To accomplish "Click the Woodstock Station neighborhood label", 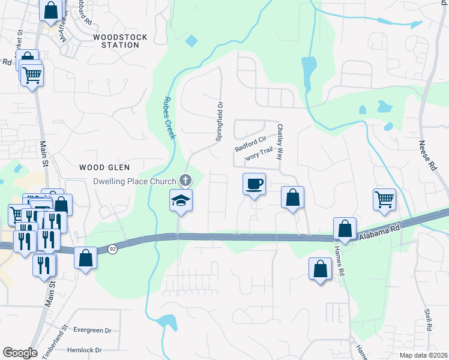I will [x=116, y=41].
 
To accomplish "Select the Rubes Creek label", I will [x=169, y=118].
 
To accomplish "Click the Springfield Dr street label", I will [x=220, y=121].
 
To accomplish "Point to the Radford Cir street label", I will [x=250, y=145].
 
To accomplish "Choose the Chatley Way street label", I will [x=279, y=142].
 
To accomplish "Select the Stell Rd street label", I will [x=428, y=320].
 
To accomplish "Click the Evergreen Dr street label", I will [x=92, y=331].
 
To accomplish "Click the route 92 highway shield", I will [x=112, y=248].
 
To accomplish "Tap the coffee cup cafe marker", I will [x=255, y=183].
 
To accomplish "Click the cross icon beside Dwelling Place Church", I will [x=186, y=181].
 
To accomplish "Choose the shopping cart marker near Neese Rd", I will [x=384, y=199].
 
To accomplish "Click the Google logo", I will [x=20, y=353].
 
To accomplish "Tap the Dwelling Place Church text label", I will [x=134, y=181].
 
